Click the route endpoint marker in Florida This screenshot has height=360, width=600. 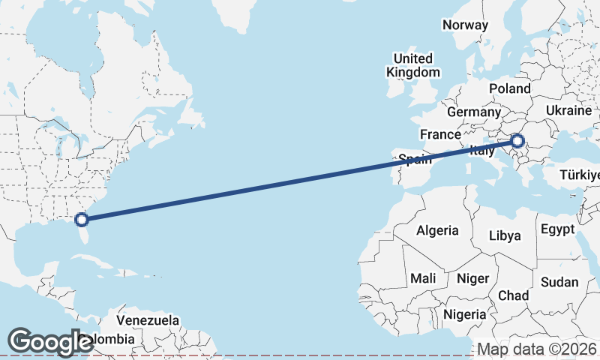[82, 219]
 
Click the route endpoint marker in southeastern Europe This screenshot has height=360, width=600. [517, 139]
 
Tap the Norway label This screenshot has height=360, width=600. [465, 25]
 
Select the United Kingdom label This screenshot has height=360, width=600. [413, 65]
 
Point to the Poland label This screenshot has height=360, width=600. [510, 88]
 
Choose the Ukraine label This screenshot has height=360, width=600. [568, 110]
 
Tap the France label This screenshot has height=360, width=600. [439, 134]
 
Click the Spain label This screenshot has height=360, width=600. [415, 159]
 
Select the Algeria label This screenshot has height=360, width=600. [437, 230]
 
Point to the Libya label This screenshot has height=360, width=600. [504, 235]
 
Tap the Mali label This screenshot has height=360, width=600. [423, 278]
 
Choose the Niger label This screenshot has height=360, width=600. [472, 278]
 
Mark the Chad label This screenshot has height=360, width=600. [513, 295]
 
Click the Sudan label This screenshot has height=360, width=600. [559, 282]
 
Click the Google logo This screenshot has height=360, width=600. [51, 341]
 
